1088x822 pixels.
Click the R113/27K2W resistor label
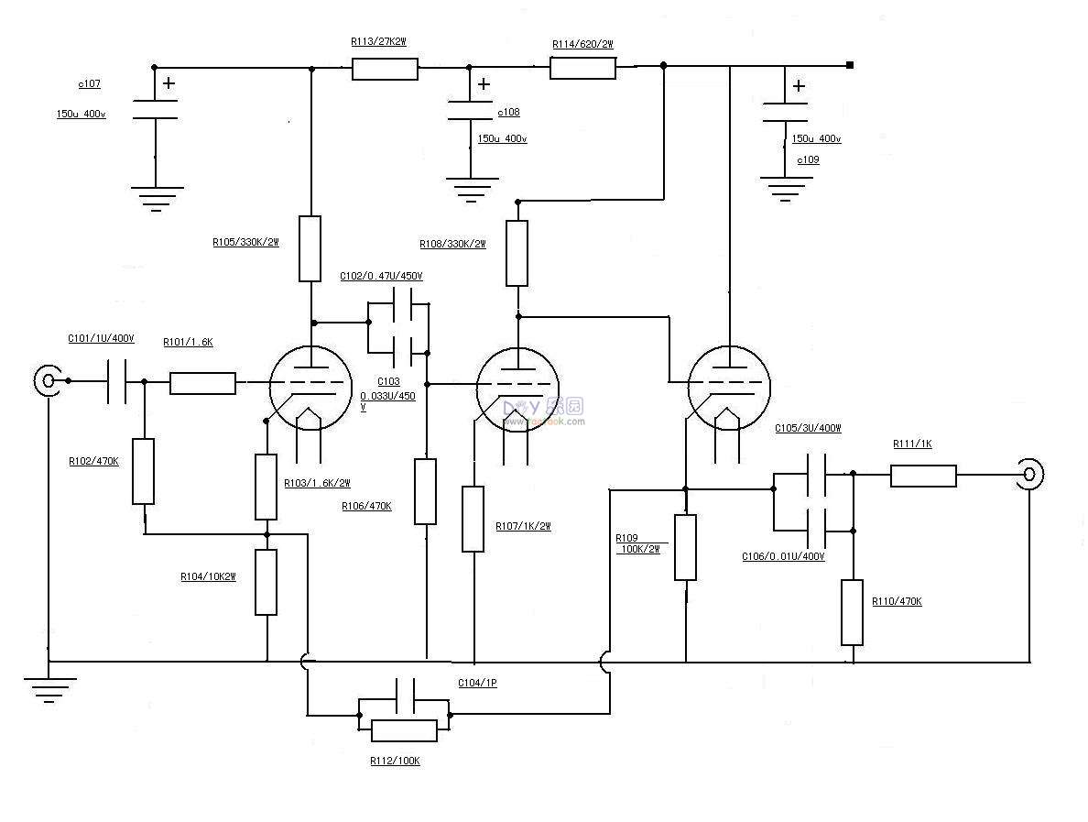378,42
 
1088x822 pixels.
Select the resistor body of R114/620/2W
582,68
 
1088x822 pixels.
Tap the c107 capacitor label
89,83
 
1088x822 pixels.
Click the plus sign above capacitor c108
484,84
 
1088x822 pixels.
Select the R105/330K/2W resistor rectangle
310,248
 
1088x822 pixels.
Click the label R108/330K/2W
452,245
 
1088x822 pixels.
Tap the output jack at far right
1029,474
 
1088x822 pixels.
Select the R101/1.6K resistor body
202,383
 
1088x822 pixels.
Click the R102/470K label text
93,462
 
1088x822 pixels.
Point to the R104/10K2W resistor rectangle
266,582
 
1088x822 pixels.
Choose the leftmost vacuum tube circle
311,388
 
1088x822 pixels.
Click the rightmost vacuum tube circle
729,388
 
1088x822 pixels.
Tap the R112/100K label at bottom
395,761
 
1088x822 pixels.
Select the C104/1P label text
477,684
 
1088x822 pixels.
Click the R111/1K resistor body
923,476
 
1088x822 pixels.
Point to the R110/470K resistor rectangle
852,612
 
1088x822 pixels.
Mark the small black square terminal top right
850,65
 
